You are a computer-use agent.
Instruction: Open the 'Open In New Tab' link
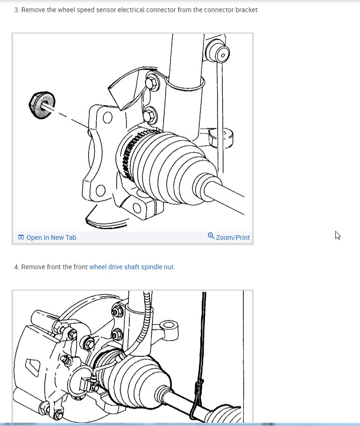click(51, 237)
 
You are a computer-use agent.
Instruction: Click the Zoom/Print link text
click(233, 237)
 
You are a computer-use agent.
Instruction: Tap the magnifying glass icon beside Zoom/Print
click(211, 236)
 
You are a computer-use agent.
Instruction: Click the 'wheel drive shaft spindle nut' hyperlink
click(132, 267)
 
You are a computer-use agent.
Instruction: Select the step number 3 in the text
click(16, 9)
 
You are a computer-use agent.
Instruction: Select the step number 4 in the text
click(16, 267)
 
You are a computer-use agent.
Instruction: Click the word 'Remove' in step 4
click(33, 267)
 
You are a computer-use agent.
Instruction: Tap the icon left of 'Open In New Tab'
click(21, 237)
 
